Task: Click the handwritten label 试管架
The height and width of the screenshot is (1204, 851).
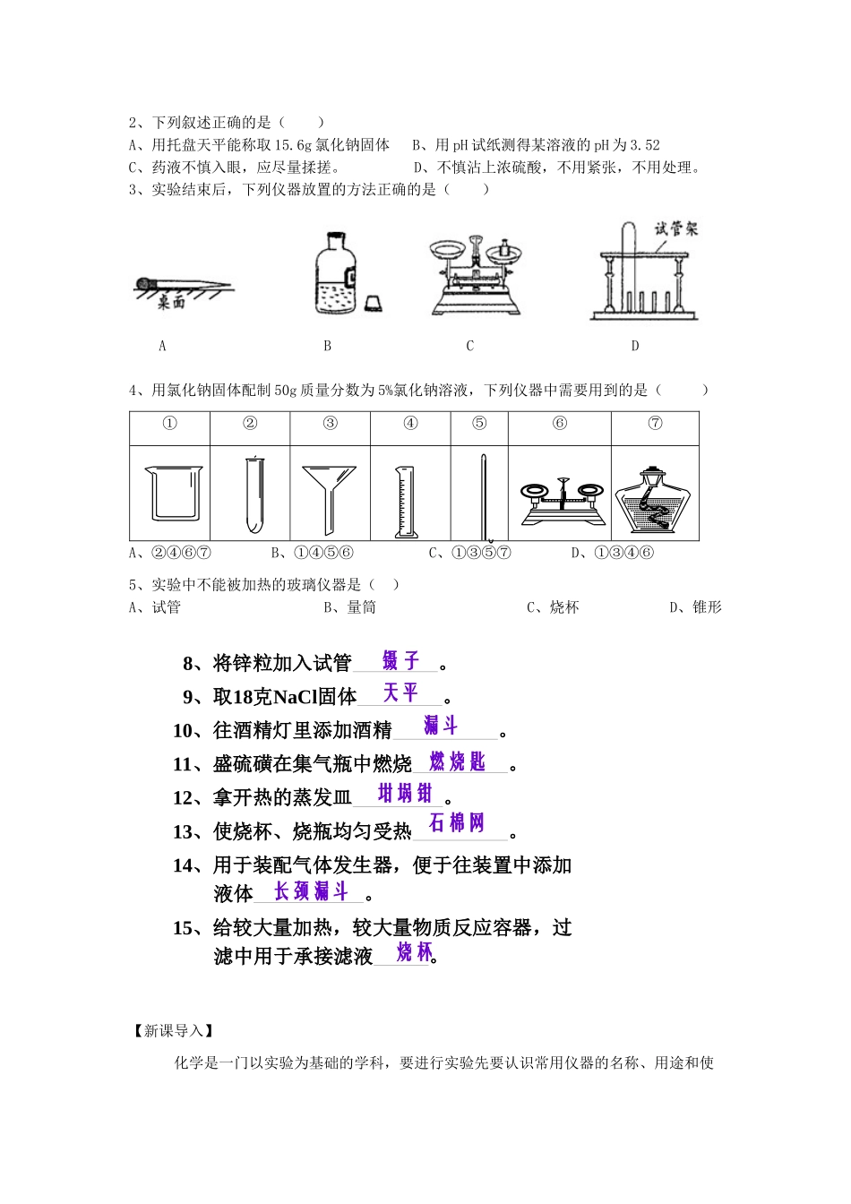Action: (675, 228)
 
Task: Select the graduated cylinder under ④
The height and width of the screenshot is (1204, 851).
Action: (406, 502)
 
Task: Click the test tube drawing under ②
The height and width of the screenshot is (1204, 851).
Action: (254, 494)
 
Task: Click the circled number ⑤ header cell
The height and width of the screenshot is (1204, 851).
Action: (479, 424)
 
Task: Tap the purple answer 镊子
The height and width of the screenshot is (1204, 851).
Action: (400, 661)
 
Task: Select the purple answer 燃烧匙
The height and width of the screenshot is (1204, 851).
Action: (457, 762)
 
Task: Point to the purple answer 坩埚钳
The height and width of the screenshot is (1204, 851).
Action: (405, 794)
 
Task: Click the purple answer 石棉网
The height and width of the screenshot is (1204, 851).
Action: (457, 823)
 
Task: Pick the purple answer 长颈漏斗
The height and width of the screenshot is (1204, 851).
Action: (311, 891)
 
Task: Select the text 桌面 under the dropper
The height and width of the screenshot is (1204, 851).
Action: (171, 304)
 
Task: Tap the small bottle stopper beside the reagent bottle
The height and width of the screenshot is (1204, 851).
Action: (373, 303)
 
